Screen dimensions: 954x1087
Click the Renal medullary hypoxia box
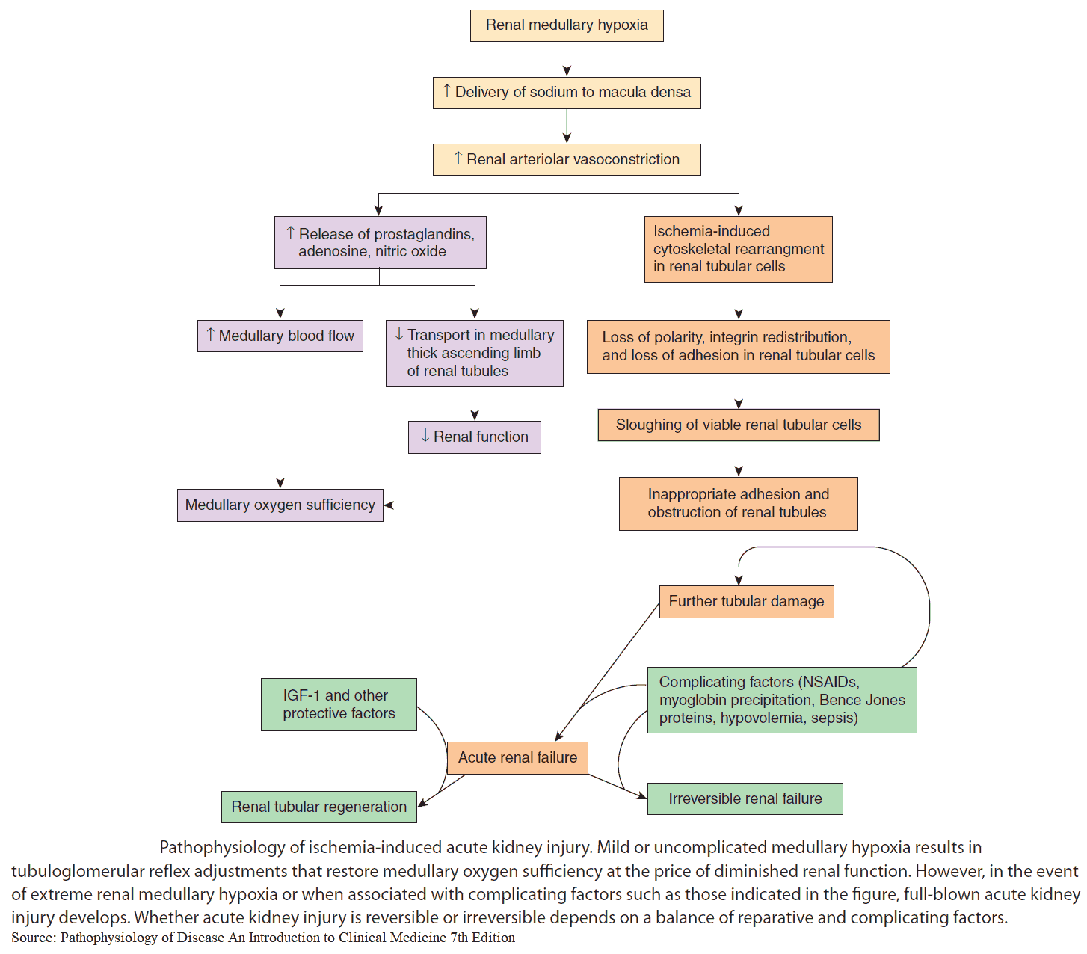567,25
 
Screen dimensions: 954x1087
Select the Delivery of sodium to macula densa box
567,93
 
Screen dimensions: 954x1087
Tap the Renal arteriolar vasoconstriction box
567,159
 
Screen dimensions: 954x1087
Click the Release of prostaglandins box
380,242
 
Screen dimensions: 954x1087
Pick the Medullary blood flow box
280,336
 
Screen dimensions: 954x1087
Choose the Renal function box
474,437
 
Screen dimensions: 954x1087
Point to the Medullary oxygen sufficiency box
280,505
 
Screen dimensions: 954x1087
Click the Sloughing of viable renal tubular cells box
738,425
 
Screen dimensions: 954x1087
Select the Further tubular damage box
746,601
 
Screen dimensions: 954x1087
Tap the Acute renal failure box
517,757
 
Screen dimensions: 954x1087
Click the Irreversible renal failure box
745,798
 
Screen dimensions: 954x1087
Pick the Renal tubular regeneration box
318,807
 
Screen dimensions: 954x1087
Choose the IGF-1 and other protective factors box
339,704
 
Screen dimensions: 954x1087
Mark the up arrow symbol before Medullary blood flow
211,335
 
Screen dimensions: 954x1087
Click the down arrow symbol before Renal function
425,436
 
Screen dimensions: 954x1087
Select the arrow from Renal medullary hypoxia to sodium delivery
567,59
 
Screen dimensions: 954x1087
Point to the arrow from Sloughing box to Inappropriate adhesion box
739,459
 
